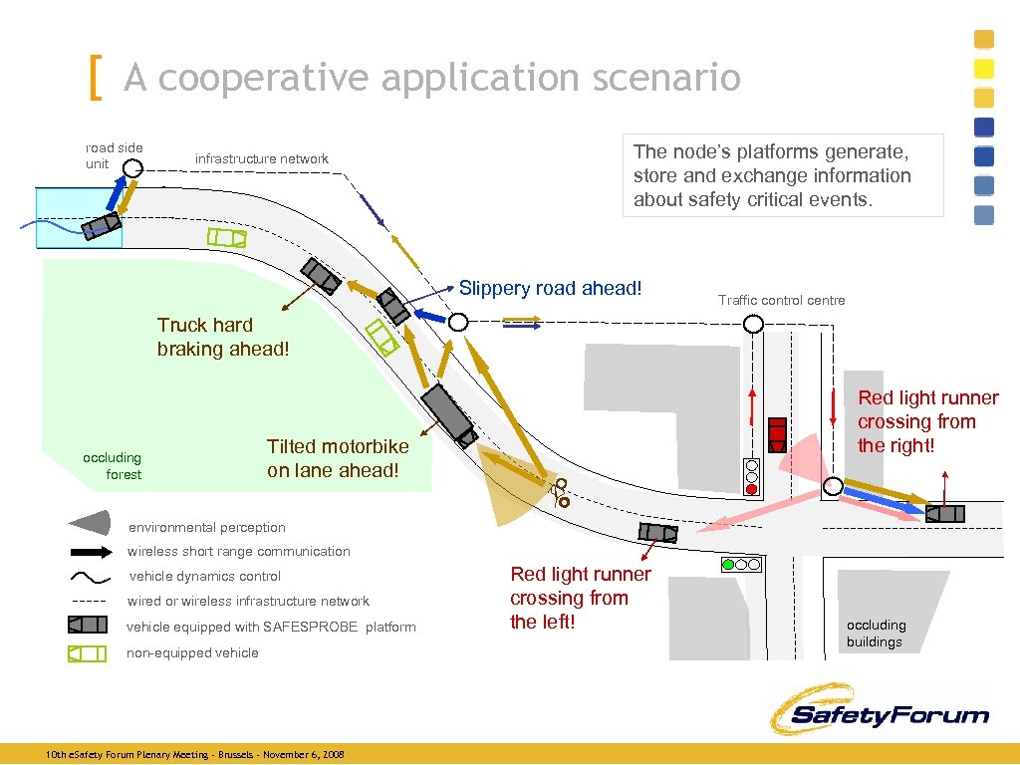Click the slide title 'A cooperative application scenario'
click(x=431, y=77)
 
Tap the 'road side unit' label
click(x=114, y=155)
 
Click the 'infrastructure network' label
click(x=261, y=158)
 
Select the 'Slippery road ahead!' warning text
click(x=550, y=288)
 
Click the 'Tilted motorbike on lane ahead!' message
click(x=337, y=458)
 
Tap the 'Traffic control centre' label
click(x=781, y=300)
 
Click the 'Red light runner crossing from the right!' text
click(x=927, y=421)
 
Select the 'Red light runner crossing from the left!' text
click(x=580, y=598)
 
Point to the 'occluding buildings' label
click(x=876, y=634)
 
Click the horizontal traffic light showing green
click(x=740, y=565)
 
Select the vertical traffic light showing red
click(x=752, y=477)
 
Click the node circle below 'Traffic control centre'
click(x=753, y=323)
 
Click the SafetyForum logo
click(x=879, y=710)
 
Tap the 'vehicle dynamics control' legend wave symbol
click(x=90, y=577)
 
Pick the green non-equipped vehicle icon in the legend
click(x=87, y=653)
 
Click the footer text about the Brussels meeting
click(x=195, y=755)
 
